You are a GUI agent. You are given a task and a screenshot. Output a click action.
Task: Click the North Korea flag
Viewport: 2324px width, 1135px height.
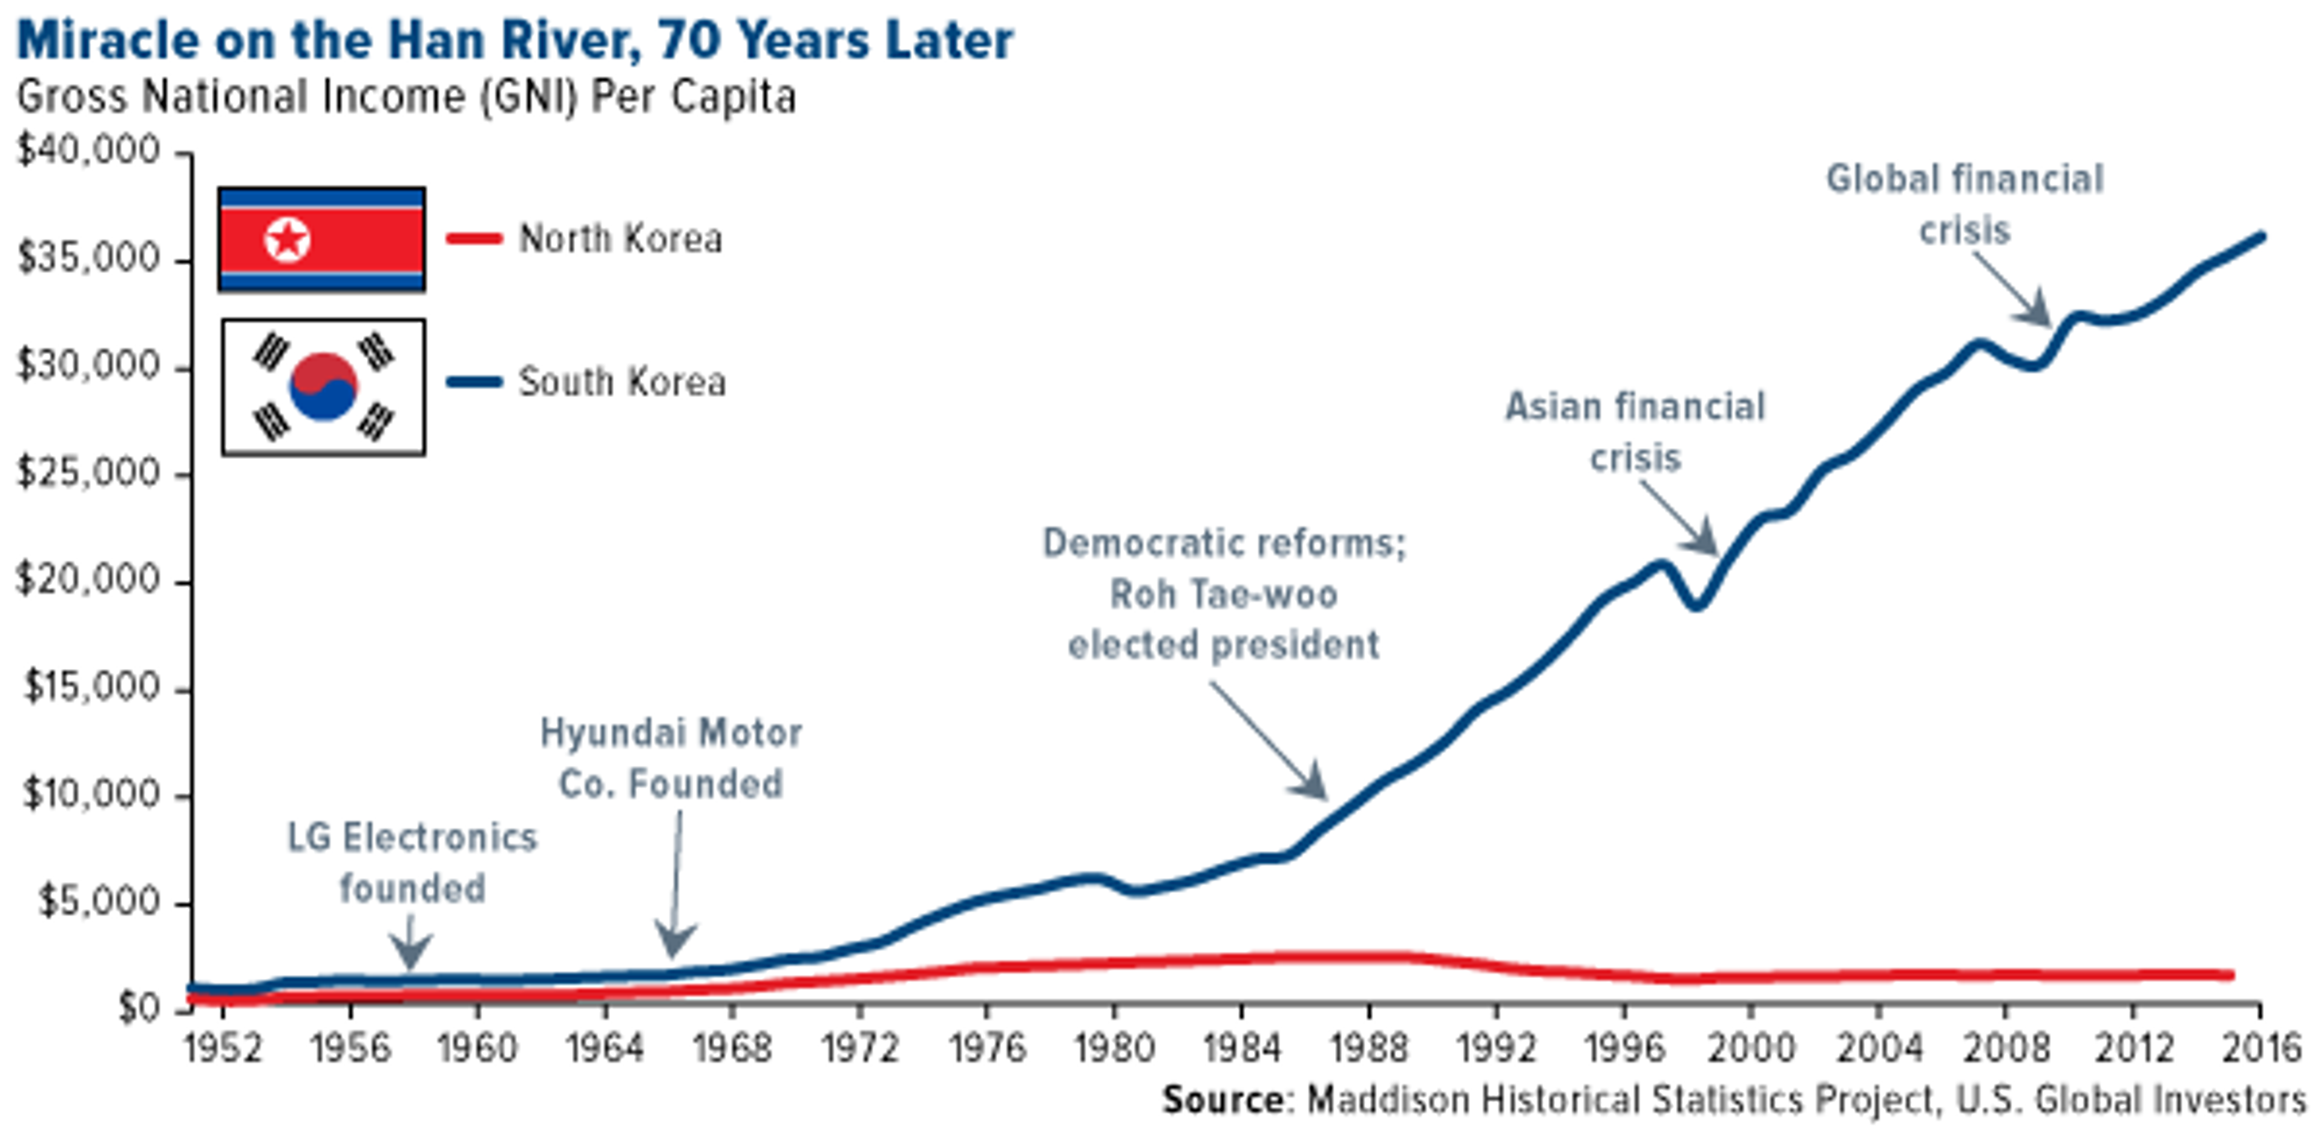click(321, 239)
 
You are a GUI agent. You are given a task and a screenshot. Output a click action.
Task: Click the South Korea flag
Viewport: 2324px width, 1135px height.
click(323, 387)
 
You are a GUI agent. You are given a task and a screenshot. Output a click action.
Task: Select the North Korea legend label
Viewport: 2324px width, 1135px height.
click(620, 239)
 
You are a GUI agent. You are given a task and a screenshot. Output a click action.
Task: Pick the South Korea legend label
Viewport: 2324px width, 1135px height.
click(622, 381)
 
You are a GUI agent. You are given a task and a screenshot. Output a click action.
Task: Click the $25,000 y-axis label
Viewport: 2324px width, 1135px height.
click(88, 473)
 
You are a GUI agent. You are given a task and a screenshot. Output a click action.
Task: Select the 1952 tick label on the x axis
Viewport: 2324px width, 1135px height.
click(223, 1048)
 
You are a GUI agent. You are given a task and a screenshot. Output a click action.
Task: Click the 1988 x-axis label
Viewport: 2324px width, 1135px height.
click(1368, 1048)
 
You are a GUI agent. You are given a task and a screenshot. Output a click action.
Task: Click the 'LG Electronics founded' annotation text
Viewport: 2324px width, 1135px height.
click(412, 863)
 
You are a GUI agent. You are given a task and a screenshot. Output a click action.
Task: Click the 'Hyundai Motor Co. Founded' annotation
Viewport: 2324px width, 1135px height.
click(671, 758)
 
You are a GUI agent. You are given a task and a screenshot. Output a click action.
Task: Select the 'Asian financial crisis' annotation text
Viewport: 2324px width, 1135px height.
click(1635, 432)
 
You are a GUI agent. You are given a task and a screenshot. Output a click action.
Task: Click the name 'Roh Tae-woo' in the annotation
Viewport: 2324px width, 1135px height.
click(1223, 594)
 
